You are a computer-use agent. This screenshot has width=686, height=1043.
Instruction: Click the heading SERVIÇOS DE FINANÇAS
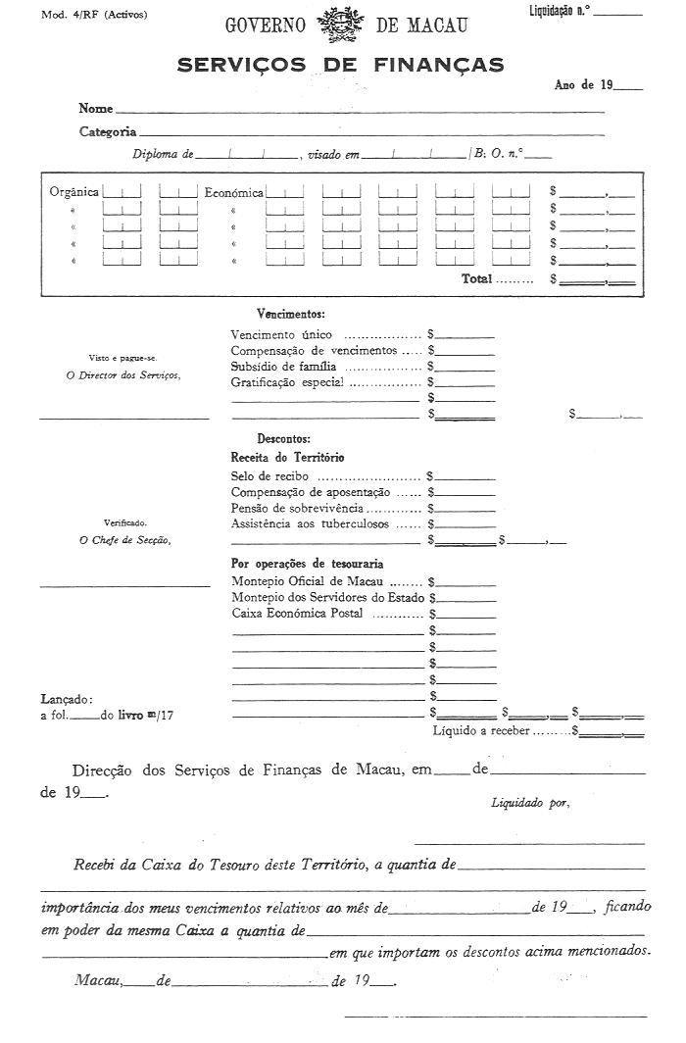point(341,65)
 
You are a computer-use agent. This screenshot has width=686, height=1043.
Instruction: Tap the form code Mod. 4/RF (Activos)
point(94,16)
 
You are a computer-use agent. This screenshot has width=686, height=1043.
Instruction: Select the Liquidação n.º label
point(558,12)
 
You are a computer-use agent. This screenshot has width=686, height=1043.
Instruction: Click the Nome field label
point(96,109)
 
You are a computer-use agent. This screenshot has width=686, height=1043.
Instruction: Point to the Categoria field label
point(108,131)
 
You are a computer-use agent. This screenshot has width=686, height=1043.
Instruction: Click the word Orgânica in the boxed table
point(73,192)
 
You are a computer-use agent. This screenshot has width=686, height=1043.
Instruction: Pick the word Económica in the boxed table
point(234,193)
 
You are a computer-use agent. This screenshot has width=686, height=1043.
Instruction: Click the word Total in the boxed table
point(477,279)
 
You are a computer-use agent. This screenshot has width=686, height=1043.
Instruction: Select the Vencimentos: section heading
point(290,314)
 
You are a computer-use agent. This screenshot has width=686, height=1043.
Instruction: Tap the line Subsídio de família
point(286,367)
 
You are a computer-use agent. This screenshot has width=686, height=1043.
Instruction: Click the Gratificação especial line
point(288,382)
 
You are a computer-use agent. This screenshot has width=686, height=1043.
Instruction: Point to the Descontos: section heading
point(284,439)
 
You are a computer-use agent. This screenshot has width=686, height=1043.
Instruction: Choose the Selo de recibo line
point(269,475)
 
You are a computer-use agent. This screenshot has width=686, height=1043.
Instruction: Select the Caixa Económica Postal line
point(297,613)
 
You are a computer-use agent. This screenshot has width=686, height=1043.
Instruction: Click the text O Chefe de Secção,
point(123,540)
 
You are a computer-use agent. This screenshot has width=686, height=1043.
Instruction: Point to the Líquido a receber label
point(481,730)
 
